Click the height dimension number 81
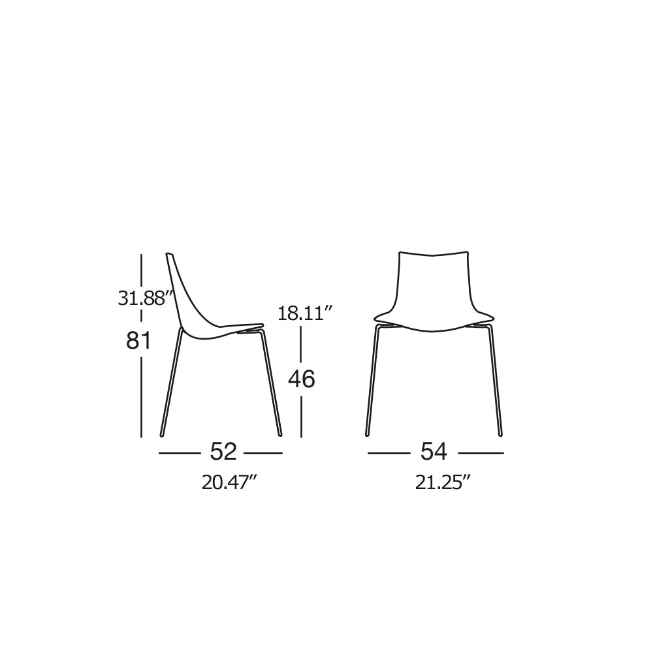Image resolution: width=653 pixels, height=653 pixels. click(x=138, y=341)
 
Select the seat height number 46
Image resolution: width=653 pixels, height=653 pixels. click(x=302, y=379)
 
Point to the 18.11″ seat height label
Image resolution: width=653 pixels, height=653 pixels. click(x=305, y=313)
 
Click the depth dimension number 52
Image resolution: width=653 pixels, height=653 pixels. click(x=223, y=451)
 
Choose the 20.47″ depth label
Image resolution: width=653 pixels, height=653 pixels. click(x=229, y=483)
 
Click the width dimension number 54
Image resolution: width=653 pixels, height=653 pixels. click(x=434, y=451)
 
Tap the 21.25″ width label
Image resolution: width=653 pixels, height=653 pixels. click(x=442, y=483)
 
